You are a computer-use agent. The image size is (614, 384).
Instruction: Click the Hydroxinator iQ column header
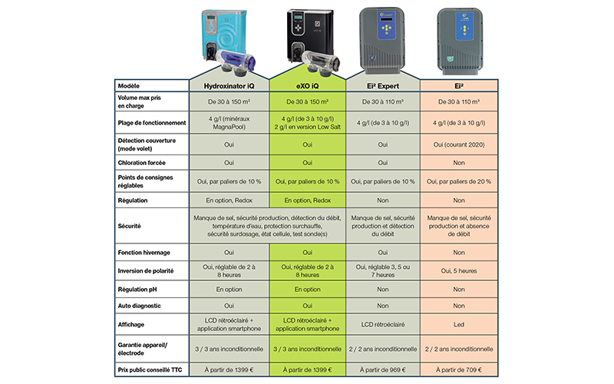point(228,85)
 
